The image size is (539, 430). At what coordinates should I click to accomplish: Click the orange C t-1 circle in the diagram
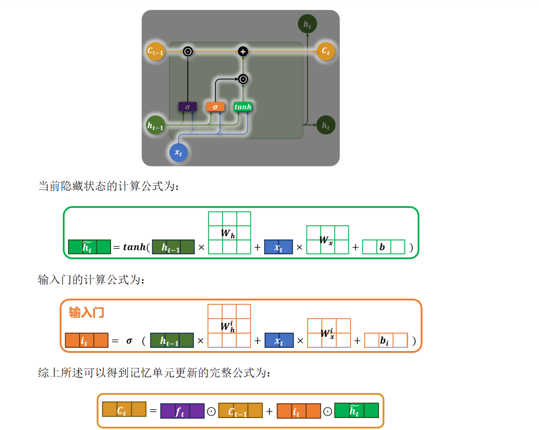(156, 51)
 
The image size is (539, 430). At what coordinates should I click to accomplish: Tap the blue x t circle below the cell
(178, 152)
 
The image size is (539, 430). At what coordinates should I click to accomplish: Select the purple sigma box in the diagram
(187, 107)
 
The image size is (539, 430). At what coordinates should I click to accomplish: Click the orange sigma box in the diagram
(215, 107)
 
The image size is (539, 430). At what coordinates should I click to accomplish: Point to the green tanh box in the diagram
(243, 107)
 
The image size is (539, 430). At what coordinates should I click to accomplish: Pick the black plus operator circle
(243, 51)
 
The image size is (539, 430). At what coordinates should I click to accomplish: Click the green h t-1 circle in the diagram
(156, 125)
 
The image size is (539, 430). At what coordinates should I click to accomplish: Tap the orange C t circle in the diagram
(326, 51)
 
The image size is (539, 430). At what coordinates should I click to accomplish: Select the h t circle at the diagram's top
(308, 24)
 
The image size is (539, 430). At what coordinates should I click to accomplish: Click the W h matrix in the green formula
(229, 233)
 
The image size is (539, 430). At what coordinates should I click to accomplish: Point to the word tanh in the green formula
(134, 247)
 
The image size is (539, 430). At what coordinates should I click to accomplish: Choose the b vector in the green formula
(383, 247)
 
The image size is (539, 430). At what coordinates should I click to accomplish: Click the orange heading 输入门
(86, 312)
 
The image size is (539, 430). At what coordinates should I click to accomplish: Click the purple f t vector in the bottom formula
(182, 410)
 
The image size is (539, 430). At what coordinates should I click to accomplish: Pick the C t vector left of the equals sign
(124, 409)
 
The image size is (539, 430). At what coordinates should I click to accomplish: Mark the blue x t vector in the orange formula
(279, 341)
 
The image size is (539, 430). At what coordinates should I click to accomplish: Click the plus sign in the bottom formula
(269, 411)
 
